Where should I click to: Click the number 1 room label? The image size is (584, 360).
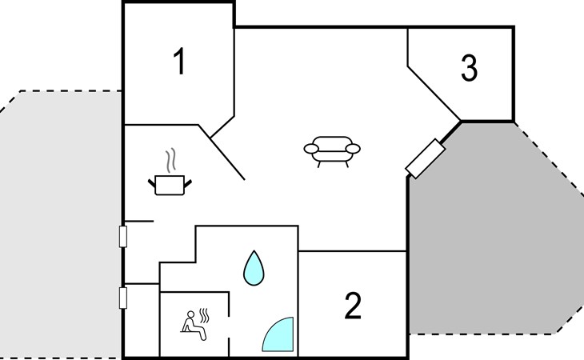point(180,61)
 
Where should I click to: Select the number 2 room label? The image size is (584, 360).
point(353,306)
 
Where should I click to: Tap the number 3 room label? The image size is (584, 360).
point(469,68)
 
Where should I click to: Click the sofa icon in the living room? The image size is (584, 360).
point(332,151)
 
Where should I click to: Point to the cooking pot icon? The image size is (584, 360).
point(170,185)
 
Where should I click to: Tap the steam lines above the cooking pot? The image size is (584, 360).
point(170,160)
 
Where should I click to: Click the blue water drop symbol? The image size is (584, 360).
point(254,268)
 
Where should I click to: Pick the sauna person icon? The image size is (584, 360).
point(192,326)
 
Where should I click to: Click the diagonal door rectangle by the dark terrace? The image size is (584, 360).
point(425,158)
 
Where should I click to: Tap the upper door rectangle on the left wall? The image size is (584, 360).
point(123,237)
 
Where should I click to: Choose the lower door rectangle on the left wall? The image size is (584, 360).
point(123,298)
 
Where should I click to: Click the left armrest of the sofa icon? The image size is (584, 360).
point(311,149)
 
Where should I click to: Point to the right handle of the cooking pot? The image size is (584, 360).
point(188,183)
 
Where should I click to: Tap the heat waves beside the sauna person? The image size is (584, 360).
point(204,316)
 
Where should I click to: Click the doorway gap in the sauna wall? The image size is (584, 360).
point(229,328)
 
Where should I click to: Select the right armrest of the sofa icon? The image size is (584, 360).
point(353,149)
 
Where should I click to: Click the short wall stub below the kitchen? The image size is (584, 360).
point(139,221)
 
